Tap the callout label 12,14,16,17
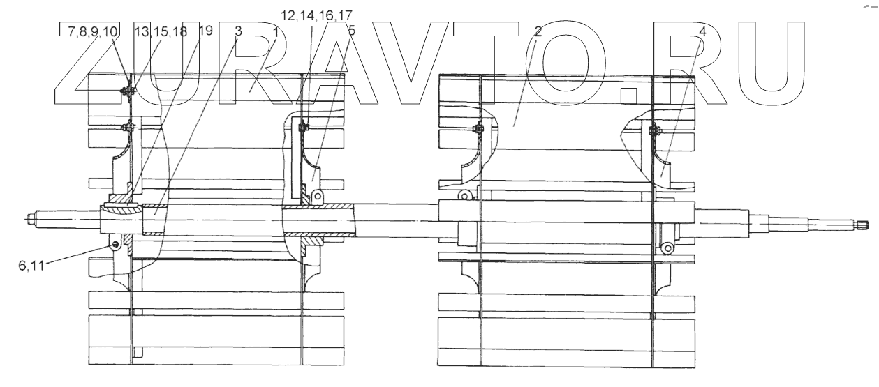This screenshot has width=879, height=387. pos(316,15)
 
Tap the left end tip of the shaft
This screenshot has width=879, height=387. pos(27,222)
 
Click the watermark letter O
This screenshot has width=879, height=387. pos(575,63)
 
